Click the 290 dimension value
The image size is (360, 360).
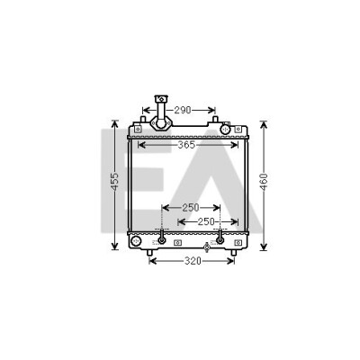[183, 111]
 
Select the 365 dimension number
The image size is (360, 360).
[186, 145]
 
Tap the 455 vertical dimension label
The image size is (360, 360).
[115, 182]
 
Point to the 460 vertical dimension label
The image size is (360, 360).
[264, 182]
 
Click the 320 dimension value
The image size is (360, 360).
[193, 261]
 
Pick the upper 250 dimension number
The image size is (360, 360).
[191, 208]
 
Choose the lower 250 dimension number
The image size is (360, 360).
[206, 222]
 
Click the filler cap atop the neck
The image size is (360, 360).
[161, 98]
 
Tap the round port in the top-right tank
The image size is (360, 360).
[225, 130]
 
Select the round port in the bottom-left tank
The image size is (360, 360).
[136, 241]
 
